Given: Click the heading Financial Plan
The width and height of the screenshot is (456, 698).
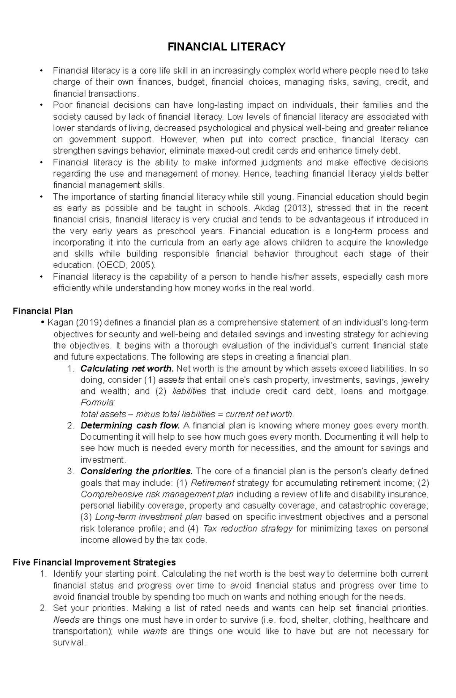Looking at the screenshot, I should (x=43, y=311).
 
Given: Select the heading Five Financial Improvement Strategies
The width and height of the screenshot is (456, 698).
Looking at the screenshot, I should (x=94, y=562).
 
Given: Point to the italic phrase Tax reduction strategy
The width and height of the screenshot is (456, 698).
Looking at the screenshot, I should (x=248, y=528).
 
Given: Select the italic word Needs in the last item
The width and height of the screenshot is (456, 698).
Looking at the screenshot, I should (x=66, y=620).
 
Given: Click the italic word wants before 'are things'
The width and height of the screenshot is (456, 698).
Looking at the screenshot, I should (x=155, y=631).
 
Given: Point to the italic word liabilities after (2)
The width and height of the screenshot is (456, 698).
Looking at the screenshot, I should (x=189, y=391).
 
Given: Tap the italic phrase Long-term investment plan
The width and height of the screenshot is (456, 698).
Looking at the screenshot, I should (x=149, y=517).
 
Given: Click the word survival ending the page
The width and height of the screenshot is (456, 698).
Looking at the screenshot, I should (x=69, y=642).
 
